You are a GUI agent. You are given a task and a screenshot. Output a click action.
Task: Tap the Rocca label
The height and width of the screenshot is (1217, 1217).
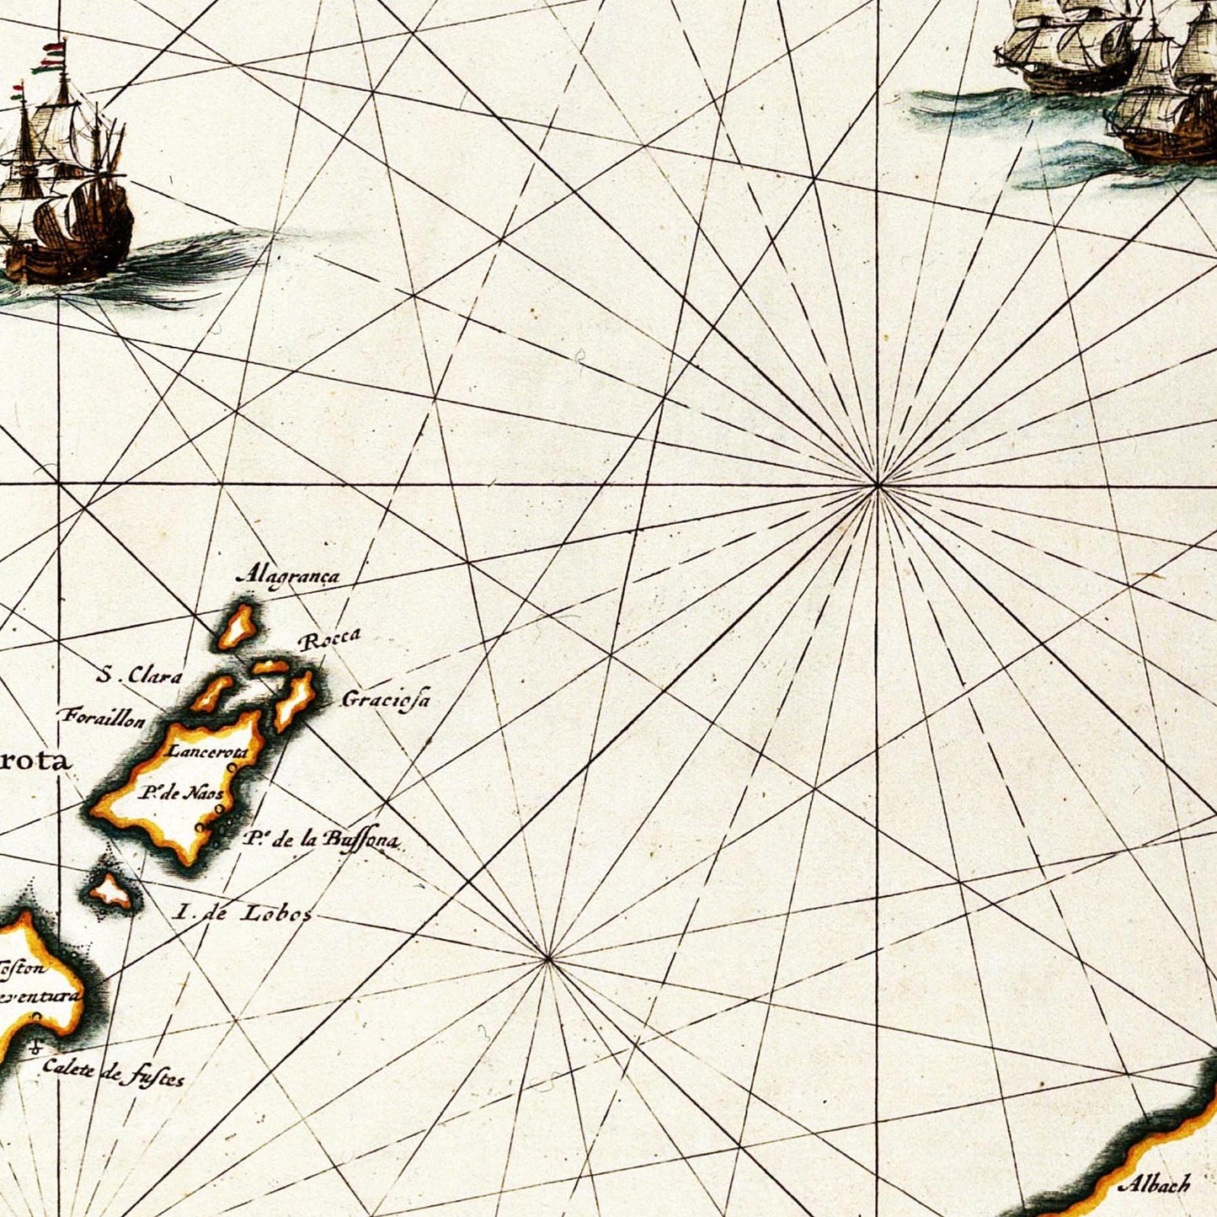coord(329,641)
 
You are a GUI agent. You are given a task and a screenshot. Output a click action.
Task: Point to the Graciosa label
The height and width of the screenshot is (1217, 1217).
coord(386,699)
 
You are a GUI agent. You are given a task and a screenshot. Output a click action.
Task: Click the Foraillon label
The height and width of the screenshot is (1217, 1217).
coord(102,718)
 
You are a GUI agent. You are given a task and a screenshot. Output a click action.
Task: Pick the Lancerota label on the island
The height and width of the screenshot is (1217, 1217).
coord(207,751)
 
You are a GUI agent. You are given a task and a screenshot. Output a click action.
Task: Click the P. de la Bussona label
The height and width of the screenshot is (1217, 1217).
coord(321,840)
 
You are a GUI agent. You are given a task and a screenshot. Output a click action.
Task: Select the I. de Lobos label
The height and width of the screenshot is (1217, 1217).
coord(242,912)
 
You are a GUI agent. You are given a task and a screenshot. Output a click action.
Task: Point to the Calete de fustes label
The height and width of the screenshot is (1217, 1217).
coord(113,1071)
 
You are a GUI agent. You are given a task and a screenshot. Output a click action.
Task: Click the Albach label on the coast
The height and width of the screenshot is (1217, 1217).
coord(1155,1185)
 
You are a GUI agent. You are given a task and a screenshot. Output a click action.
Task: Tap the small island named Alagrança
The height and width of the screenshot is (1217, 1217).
coord(238,627)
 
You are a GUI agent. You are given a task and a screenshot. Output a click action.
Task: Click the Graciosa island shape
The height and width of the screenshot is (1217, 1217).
coord(294,700)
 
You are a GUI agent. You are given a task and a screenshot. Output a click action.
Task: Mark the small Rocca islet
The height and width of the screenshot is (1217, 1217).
coord(270,667)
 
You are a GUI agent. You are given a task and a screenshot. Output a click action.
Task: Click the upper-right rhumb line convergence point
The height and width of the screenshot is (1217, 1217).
coord(878,486)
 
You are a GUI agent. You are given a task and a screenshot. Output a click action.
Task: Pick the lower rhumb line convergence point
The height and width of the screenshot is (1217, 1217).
coord(548,958)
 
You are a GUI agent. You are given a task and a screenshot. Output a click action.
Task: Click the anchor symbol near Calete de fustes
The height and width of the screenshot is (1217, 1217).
coord(35,1049)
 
